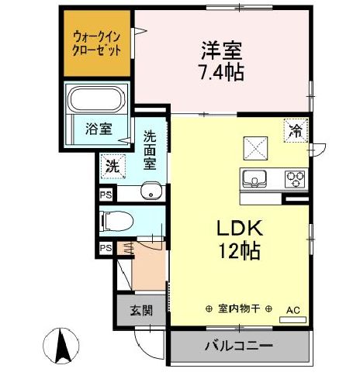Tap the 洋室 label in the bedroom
pos(218,51)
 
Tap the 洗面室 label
pos(151,152)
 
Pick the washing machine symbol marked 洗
pos(112,165)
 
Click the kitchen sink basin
pos(254,179)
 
